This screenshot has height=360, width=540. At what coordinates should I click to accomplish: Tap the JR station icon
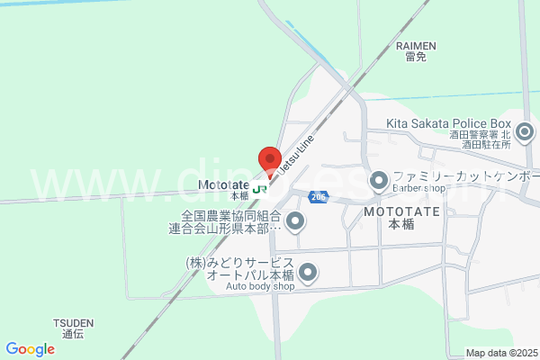point(260,189)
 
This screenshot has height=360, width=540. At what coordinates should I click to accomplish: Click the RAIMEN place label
point(416,45)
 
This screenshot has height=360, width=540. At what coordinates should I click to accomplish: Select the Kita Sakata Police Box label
point(448,123)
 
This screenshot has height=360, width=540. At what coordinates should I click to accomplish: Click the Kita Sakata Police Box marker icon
point(525,133)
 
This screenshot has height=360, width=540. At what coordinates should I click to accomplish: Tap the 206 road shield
point(316,196)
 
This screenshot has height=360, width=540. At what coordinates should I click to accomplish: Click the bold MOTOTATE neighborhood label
point(401,211)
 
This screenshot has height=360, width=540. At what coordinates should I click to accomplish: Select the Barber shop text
point(419,189)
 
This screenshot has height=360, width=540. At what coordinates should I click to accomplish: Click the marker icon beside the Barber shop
point(379,180)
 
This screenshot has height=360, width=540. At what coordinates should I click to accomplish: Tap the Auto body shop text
point(259,286)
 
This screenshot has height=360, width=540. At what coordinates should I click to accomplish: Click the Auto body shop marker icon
point(309,272)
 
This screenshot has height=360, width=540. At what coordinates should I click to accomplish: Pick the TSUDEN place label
point(73,321)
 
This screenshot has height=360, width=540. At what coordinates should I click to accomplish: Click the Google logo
point(30,349)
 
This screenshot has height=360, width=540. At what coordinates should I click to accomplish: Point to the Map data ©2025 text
point(500,352)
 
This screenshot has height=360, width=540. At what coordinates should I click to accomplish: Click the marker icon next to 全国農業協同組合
point(295,222)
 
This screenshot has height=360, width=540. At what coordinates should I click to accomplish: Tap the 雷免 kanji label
point(416,57)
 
